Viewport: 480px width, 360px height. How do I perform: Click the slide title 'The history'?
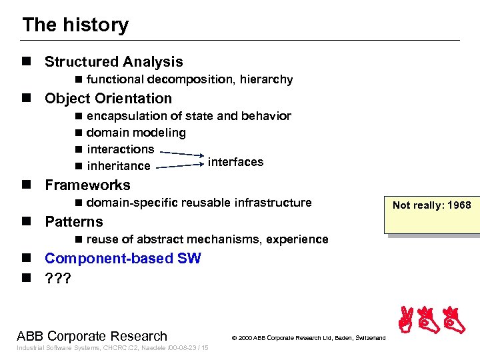(x=75, y=25)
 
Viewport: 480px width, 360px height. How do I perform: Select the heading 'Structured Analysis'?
(x=113, y=62)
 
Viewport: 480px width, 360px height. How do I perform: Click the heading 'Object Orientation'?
(x=108, y=99)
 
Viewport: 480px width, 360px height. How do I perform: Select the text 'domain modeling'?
(x=136, y=133)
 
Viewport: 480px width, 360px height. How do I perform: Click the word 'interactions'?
(x=120, y=149)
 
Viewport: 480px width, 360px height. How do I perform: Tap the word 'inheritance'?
(x=119, y=166)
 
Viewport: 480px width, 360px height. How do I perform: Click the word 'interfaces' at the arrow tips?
(x=235, y=162)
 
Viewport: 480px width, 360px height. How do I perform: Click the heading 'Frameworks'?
(x=87, y=185)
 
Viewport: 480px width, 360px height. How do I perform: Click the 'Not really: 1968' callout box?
(x=431, y=205)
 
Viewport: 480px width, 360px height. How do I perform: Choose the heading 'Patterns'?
(x=73, y=222)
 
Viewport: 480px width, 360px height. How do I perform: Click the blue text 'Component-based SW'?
(x=123, y=259)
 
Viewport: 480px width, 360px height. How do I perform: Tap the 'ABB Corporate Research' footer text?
(x=92, y=336)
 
